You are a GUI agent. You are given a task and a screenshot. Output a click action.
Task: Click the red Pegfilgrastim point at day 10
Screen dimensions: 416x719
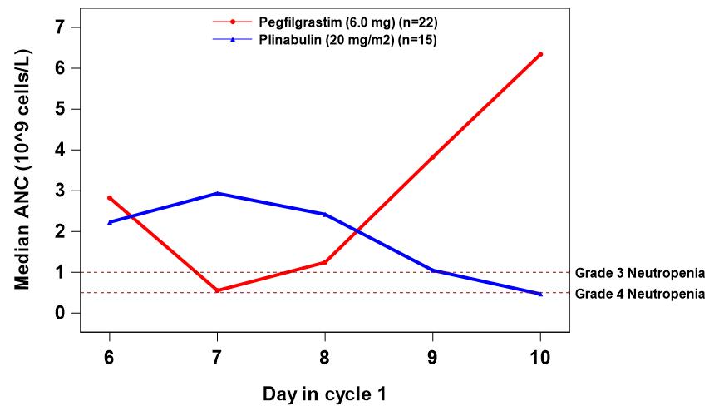click(540, 54)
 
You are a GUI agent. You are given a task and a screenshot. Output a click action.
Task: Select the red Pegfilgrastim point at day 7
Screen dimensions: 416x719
click(217, 290)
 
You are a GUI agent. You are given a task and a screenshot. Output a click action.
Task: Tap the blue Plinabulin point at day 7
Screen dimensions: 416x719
click(217, 193)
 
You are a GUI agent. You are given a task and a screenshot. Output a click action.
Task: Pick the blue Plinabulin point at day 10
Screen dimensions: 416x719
click(540, 294)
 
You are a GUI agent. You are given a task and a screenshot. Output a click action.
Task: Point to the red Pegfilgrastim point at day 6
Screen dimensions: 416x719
click(109, 198)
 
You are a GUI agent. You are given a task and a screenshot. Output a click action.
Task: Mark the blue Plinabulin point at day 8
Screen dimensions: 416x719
click(325, 215)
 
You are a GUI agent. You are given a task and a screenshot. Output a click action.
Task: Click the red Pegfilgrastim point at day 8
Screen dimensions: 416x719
click(325, 262)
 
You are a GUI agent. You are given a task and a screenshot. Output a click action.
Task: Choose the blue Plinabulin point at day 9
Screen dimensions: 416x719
click(432, 270)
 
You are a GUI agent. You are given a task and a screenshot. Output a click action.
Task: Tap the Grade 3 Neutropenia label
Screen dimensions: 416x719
click(640, 273)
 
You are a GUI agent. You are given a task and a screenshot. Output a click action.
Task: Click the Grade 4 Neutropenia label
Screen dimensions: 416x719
click(640, 294)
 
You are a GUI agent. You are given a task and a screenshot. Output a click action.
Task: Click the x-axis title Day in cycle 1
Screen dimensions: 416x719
click(324, 391)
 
